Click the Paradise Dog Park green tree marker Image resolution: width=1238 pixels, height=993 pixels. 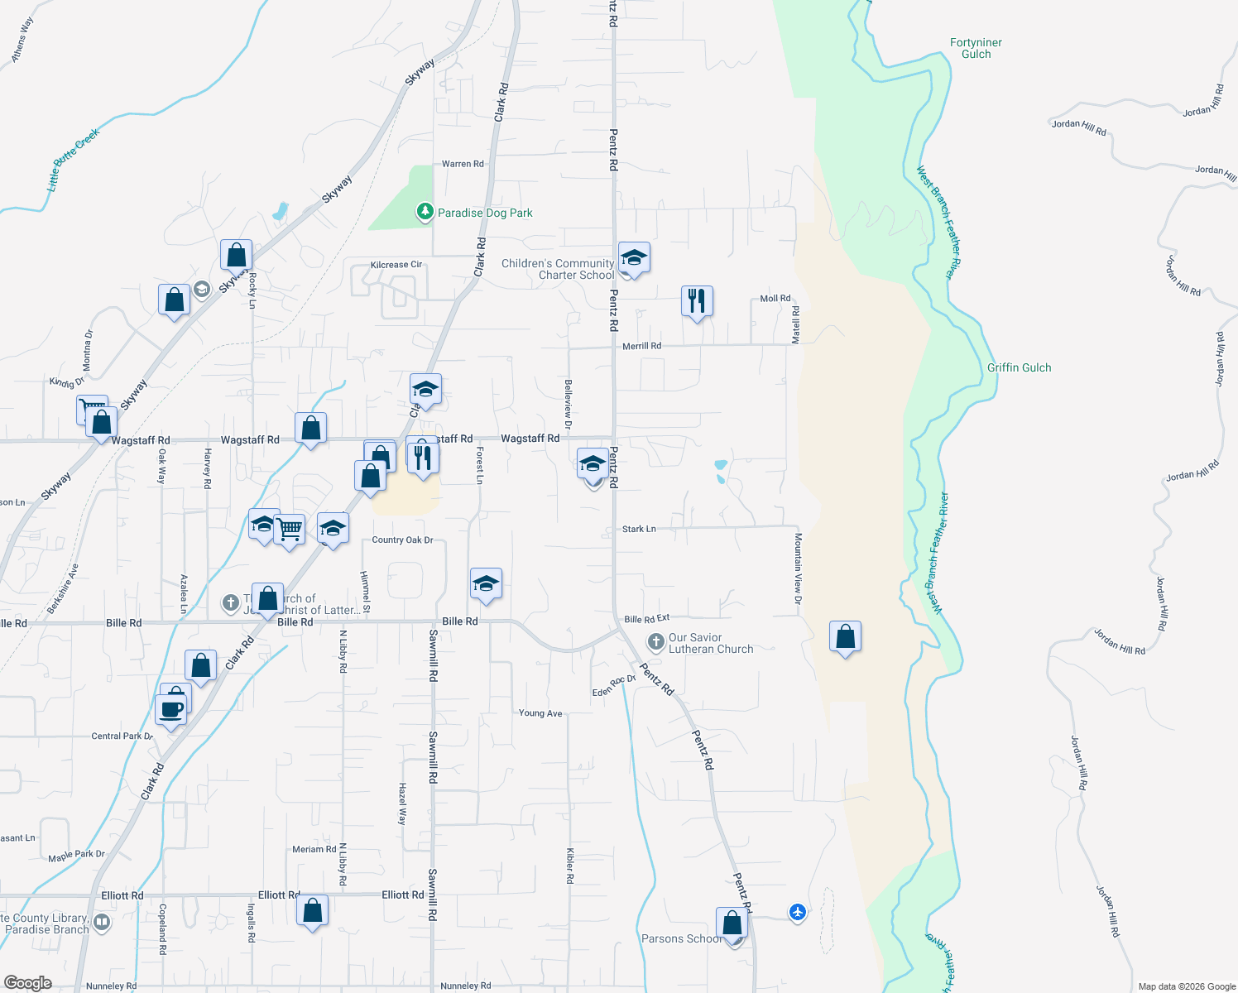pos(425,212)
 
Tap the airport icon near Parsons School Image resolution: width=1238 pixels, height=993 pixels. pos(797,912)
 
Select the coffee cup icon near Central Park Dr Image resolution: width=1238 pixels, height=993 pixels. pos(171,710)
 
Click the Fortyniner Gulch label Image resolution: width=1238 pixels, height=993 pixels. pos(976,48)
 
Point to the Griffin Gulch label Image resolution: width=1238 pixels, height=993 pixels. pos(1019,367)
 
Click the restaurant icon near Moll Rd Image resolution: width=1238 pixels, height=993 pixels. pos(697,301)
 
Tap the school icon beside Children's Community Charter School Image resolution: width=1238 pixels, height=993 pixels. pos(633,258)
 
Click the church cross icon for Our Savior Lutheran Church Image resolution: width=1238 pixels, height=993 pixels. pos(655,641)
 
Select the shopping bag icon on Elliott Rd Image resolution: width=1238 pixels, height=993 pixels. pos(313,911)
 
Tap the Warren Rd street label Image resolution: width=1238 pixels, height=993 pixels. pos(463,164)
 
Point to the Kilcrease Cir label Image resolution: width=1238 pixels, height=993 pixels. pos(396,265)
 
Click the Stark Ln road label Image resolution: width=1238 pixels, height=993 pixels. pos(639,529)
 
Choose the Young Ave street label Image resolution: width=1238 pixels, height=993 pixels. pos(540,713)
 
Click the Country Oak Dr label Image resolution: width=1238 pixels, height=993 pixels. pos(402,540)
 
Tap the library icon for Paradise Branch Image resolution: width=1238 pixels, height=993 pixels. pos(102,921)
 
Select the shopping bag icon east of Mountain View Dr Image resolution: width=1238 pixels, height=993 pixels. pos(845,637)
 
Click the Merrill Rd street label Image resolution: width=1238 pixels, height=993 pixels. pos(641,346)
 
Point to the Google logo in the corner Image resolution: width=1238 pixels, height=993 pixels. pos(27,982)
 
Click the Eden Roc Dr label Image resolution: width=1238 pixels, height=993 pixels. pos(613,686)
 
